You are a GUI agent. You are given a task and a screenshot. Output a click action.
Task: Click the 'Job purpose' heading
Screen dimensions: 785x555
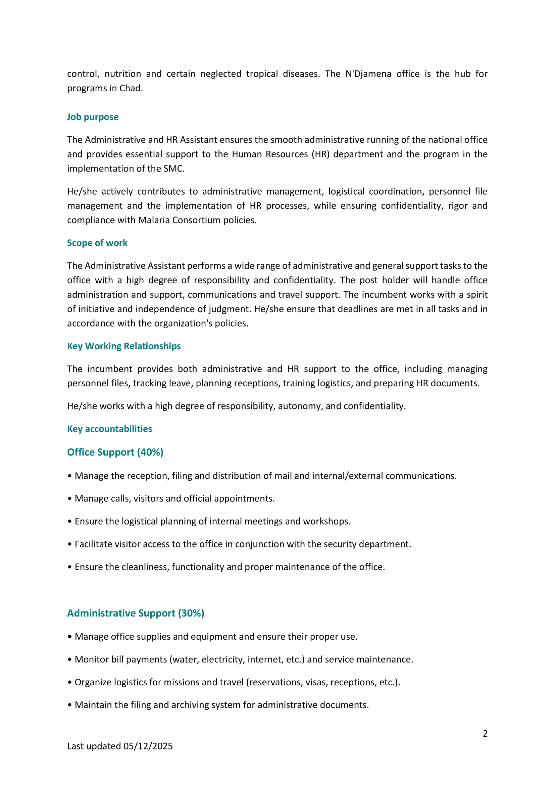(x=93, y=117)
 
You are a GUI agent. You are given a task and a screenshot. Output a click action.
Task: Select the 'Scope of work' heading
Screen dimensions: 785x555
(x=97, y=243)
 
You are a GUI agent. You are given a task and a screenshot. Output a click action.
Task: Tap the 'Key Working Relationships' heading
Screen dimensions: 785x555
(x=124, y=346)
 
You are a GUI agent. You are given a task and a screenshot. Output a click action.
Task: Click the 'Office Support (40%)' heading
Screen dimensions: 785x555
(x=115, y=452)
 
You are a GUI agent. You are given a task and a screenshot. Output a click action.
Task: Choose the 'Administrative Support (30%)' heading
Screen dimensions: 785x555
(x=136, y=613)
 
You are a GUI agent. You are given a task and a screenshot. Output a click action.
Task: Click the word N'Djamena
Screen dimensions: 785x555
(x=368, y=74)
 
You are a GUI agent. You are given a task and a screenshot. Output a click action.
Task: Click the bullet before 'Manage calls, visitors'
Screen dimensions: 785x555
(x=70, y=499)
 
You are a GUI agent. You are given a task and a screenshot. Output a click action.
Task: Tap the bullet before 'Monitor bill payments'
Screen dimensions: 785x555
(x=70, y=659)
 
